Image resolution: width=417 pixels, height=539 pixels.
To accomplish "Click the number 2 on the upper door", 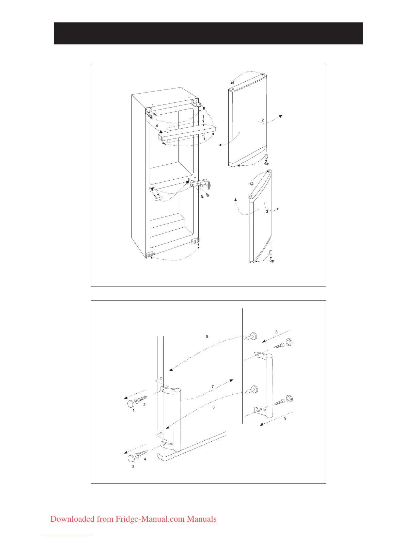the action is pyautogui.click(x=263, y=120).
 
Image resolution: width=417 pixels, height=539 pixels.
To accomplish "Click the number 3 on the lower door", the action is pyautogui.click(x=267, y=211).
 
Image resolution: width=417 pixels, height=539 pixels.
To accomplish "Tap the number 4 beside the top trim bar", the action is pyautogui.click(x=157, y=126).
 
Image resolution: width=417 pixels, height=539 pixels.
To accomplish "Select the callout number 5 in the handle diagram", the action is pyautogui.click(x=207, y=337).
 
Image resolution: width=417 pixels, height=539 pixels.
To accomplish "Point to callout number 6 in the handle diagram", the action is pyautogui.click(x=214, y=407).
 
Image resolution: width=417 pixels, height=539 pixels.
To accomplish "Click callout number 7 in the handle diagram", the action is pyautogui.click(x=213, y=387).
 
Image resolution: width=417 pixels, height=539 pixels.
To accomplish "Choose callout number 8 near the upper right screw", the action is pyautogui.click(x=277, y=332).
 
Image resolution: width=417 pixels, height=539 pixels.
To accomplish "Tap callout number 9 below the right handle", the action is pyautogui.click(x=285, y=418).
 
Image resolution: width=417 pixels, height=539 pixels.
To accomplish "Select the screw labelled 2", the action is pyautogui.click(x=141, y=399).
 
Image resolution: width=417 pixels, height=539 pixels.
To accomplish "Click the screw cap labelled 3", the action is pyautogui.click(x=132, y=458).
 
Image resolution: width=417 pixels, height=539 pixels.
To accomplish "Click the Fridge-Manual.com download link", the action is pyautogui.click(x=133, y=519).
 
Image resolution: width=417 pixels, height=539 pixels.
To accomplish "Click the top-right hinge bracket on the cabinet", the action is pyautogui.click(x=196, y=102).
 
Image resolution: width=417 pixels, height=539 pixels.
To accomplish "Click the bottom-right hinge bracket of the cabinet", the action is pyautogui.click(x=195, y=241).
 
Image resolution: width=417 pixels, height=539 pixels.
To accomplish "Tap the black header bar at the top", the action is pyautogui.click(x=208, y=33).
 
